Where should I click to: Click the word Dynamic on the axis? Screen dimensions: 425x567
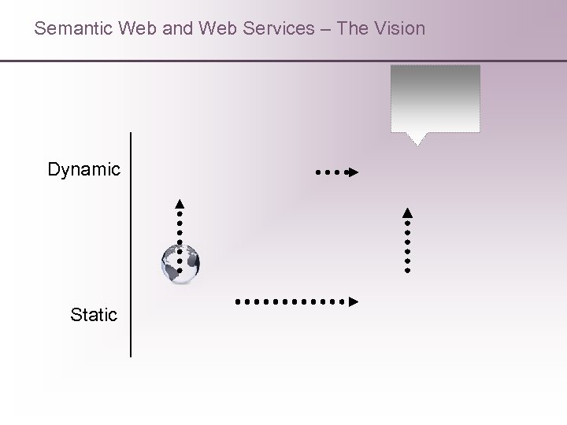pyautogui.click(x=84, y=169)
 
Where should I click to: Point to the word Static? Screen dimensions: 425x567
pyautogui.click(x=94, y=316)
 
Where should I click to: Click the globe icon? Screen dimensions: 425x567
pyautogui.click(x=180, y=263)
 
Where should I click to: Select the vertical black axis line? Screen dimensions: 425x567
pyautogui.click(x=131, y=244)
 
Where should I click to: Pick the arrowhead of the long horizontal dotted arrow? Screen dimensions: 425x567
pyautogui.click(x=354, y=301)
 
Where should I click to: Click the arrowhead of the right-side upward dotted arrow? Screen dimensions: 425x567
pyautogui.click(x=407, y=212)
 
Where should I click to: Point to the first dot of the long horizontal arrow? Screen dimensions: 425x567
pyautogui.click(x=237, y=301)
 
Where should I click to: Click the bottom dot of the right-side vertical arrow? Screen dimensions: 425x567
pyautogui.click(x=407, y=269)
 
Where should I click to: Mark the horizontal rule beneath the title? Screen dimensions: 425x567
pyautogui.click(x=283, y=61)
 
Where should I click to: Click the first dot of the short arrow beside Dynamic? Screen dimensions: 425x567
pyautogui.click(x=318, y=171)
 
